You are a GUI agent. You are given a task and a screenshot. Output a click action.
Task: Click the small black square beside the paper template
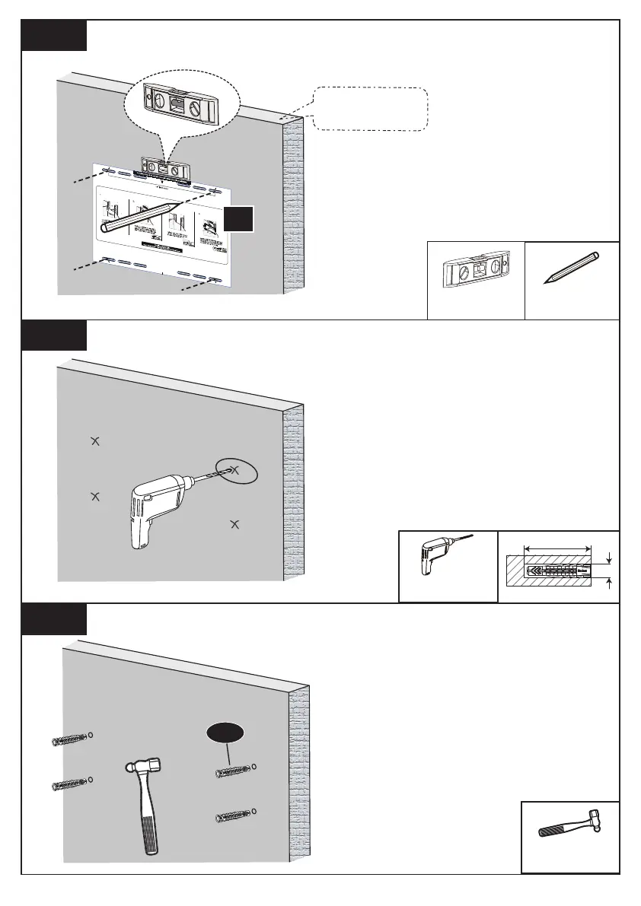point(238,221)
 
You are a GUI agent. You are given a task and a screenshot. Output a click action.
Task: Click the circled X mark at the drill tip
point(235,471)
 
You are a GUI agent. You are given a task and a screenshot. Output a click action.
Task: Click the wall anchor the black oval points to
point(233,773)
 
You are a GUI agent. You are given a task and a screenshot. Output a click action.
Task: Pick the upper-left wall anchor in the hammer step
point(69,740)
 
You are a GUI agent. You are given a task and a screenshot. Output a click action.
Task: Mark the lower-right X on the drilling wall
point(234,524)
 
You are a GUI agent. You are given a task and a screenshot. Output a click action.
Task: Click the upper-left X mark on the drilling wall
point(94,440)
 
